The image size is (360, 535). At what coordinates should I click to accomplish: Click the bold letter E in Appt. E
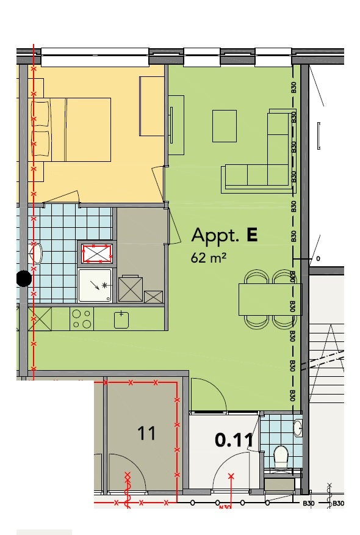click(x=251, y=235)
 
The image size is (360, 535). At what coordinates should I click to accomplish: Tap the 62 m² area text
click(x=209, y=258)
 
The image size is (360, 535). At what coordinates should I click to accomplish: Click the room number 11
click(x=146, y=434)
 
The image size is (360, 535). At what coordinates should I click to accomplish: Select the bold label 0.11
click(x=234, y=440)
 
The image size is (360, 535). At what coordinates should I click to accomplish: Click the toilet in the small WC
click(x=281, y=457)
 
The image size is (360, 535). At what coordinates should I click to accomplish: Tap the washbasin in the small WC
click(x=298, y=428)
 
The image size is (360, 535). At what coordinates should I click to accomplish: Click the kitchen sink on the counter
click(x=121, y=319)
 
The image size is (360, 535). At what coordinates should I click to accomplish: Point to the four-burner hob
click(x=82, y=319)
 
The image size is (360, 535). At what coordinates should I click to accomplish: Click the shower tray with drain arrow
click(x=95, y=286)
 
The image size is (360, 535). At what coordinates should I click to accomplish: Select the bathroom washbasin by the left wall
click(x=37, y=253)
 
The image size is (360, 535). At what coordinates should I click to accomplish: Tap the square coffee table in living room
click(x=225, y=126)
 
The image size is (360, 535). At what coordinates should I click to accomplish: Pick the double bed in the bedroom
click(x=71, y=129)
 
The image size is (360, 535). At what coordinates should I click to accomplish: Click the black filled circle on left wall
click(x=24, y=278)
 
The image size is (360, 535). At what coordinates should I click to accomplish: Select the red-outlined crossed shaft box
click(x=97, y=253)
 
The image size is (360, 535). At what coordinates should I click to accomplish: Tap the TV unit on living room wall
click(x=176, y=125)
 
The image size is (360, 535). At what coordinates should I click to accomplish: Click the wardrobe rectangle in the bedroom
click(x=152, y=106)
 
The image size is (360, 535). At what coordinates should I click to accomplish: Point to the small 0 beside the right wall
click(x=318, y=259)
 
